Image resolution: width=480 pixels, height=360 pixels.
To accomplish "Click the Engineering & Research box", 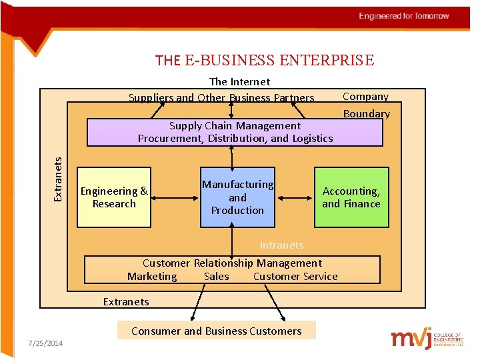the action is pos(114,197).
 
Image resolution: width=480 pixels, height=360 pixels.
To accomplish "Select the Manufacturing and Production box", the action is pos(237,197).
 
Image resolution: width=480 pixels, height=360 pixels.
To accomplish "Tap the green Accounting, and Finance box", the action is pos(351,197).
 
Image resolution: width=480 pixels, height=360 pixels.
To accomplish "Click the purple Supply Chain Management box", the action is pos(235,132).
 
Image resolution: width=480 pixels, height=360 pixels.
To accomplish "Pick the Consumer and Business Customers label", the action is pos(217,331).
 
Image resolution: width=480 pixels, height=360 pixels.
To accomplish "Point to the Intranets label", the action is pos(281,245).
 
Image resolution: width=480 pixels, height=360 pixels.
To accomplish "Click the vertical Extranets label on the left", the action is pos(58,179).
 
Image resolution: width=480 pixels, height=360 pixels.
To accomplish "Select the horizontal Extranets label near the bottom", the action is pos(126,301).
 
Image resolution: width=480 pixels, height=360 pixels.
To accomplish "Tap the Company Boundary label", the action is pos(366,105).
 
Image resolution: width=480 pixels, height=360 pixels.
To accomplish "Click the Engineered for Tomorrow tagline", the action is pos(404,16).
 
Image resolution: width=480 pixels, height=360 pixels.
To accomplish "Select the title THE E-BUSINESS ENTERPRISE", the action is pos(265,61).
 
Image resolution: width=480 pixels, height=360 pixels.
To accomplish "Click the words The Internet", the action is pos(240,81).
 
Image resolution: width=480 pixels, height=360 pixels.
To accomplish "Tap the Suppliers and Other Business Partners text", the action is pos(221,97).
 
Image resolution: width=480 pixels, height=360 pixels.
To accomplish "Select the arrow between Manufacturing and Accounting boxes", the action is pos(294,197).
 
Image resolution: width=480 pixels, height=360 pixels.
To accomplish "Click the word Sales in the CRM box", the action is pos(216,276).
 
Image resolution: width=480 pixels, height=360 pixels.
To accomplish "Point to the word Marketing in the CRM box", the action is pos(152,276).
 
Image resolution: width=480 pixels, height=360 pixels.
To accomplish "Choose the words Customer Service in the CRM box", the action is pos(295,276).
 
